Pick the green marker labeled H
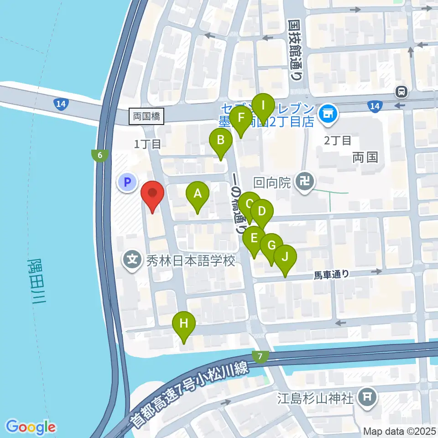(x=184, y=324)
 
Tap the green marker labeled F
(x=240, y=119)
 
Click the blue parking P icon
(x=127, y=183)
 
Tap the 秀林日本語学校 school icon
(x=132, y=261)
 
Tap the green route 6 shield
(x=99, y=155)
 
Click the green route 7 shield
(x=260, y=356)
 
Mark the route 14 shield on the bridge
(x=61, y=104)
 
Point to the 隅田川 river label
(x=37, y=285)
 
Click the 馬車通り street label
(x=332, y=275)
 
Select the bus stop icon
(x=402, y=92)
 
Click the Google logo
(x=31, y=427)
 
